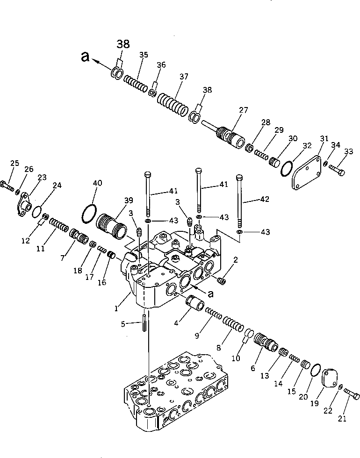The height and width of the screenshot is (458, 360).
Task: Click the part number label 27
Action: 243,110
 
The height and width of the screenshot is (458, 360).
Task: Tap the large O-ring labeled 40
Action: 89,215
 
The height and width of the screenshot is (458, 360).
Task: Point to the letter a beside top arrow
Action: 84,57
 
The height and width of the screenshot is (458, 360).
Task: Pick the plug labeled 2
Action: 222,280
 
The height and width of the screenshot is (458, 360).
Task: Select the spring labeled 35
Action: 136,86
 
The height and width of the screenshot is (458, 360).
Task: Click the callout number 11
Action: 41,249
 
